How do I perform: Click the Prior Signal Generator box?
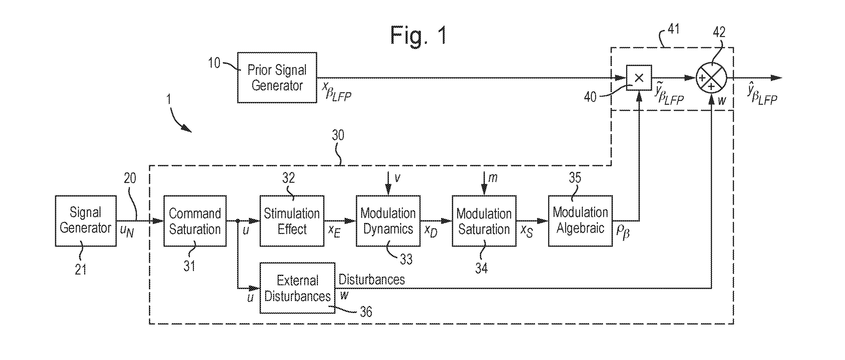[277, 77]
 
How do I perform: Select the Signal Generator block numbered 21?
[86, 220]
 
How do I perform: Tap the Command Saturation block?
[195, 221]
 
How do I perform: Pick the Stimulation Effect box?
[292, 221]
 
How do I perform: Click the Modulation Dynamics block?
[388, 221]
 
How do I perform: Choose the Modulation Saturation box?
[484, 221]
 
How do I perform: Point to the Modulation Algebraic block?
[580, 221]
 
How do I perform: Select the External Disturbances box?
[297, 288]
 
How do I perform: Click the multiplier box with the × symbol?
[639, 78]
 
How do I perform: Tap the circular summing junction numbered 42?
[711, 78]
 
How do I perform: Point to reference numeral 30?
[338, 135]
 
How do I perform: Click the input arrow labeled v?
[388, 184]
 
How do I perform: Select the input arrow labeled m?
[484, 184]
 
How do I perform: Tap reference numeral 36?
[366, 312]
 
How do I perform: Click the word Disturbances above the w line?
[371, 279]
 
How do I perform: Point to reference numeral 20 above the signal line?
[130, 178]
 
